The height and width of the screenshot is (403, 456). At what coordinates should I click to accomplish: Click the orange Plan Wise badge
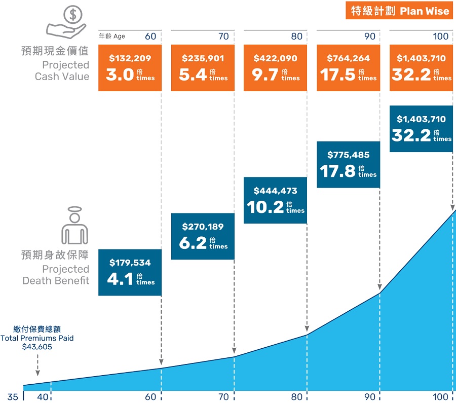[399, 11]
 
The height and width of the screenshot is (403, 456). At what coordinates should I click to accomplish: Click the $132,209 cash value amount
[130, 58]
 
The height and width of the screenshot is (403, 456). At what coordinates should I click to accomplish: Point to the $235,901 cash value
[203, 58]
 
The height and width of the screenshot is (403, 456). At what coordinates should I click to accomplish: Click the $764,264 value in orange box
[349, 58]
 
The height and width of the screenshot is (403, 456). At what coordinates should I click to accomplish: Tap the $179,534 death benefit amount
[130, 263]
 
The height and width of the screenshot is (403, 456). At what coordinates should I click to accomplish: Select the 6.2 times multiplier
[193, 243]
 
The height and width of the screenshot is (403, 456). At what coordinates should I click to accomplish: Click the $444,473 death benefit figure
[275, 191]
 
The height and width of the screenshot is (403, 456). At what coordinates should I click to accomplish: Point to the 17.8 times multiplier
[337, 171]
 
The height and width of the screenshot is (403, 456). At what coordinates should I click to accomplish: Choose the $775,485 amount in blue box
[349, 155]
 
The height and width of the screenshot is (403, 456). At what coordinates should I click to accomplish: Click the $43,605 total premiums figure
[37, 347]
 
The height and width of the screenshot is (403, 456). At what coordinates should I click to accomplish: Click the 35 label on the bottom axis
[13, 397]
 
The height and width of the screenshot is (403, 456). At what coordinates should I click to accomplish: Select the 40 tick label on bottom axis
[43, 397]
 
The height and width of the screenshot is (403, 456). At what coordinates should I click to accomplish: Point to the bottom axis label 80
[296, 397]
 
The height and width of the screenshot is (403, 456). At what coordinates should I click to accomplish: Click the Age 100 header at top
[441, 36]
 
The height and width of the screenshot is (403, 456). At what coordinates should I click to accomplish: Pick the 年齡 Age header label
[111, 36]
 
